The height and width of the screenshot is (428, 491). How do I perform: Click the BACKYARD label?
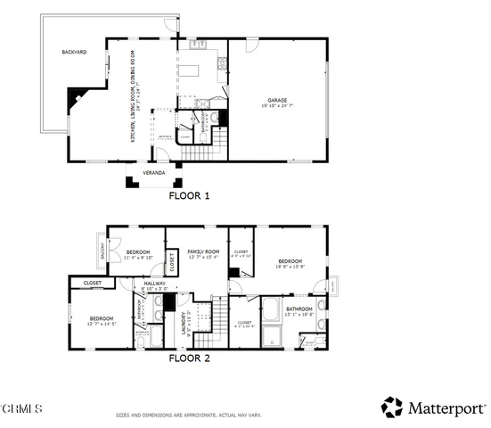coord(74,53)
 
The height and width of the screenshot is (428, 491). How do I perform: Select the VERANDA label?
coord(154,172)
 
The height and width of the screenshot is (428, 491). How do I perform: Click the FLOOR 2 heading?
coord(189,359)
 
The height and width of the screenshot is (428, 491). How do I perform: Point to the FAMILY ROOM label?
coord(202,253)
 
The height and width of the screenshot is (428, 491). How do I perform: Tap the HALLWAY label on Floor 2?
coord(156,284)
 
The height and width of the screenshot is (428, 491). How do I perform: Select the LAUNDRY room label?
coord(184,322)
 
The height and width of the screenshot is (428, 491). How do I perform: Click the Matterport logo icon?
coord(391,407)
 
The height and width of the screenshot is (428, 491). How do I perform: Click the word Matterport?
coord(444,408)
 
